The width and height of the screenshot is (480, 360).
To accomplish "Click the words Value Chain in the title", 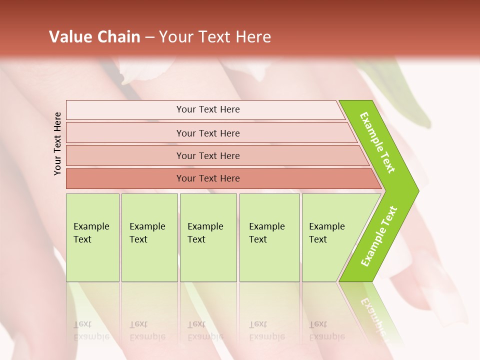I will pos(94,37).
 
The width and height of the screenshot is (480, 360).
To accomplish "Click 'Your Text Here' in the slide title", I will pos(215,37).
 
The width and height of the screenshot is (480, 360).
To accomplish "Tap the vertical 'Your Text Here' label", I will pos(57,143).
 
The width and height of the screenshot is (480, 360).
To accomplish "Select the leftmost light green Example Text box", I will pos(92,237).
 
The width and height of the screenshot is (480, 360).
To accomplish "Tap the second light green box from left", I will pos(149,237).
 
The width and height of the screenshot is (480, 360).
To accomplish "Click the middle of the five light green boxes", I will pos(208,237).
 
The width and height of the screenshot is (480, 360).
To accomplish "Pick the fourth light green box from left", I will pos(269,237).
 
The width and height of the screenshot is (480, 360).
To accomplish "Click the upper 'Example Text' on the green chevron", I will pos(377,142).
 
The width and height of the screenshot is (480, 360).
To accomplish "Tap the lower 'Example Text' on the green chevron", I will pos(379,236).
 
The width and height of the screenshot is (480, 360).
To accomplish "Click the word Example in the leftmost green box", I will pos(91,226).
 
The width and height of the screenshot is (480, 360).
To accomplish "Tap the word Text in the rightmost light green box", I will pos(317,239).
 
